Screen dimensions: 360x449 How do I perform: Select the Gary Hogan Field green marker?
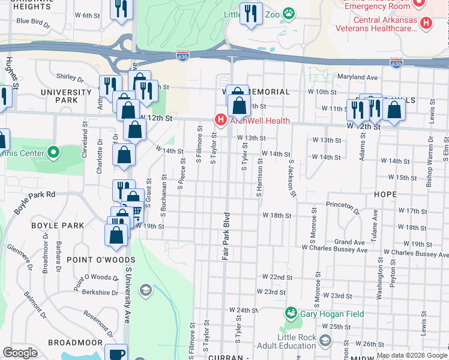tap(291, 313)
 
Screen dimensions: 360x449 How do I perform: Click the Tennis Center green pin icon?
tap(53, 153)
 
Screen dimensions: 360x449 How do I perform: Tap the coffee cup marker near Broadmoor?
tap(116, 353)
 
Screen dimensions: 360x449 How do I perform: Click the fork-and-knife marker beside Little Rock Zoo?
tap(251, 13)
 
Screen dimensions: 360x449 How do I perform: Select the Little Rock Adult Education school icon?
tap(325, 341)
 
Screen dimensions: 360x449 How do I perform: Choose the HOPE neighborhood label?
tap(384, 194)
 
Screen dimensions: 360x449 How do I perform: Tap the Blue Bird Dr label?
tap(33, 21)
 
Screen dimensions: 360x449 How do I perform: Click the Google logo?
tap(20, 353)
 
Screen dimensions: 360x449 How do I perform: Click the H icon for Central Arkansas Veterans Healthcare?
tap(426, 23)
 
